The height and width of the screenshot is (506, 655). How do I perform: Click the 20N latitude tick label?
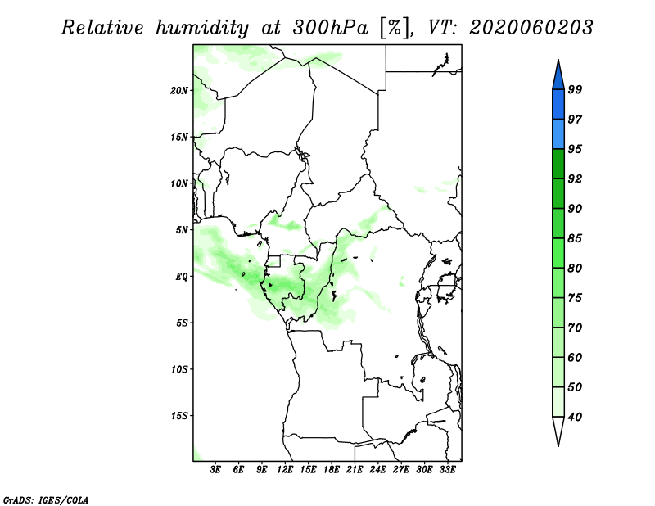tap(179, 90)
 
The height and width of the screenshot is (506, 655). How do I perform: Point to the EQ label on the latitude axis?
tap(182, 276)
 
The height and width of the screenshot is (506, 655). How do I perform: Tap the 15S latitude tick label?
tap(179, 416)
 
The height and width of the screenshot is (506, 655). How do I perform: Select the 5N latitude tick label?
tap(182, 230)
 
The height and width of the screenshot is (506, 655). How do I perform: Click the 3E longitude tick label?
tap(215, 469)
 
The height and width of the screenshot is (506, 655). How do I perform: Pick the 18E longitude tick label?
tap(332, 469)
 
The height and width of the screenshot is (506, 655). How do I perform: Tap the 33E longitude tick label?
tap(447, 469)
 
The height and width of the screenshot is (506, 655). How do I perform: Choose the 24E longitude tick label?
tap(377, 469)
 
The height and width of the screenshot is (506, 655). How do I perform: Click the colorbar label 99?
tap(575, 89)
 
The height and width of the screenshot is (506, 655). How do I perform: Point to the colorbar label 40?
tap(575, 417)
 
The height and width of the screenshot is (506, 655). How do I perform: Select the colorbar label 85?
tap(575, 238)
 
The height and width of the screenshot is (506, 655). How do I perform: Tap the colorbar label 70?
tap(575, 328)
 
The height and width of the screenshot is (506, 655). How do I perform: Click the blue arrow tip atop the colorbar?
tap(558, 60)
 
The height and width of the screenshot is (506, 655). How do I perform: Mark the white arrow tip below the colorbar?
tap(558, 446)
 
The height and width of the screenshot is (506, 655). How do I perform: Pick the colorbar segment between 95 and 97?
tap(558, 134)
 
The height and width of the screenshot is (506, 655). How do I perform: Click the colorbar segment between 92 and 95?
tap(558, 164)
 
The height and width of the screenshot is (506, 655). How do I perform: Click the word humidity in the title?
tap(202, 28)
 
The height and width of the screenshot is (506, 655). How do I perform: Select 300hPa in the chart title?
tap(331, 28)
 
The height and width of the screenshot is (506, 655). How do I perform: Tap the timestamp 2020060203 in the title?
tap(531, 28)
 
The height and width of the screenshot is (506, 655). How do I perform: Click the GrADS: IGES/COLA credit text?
tap(46, 499)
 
